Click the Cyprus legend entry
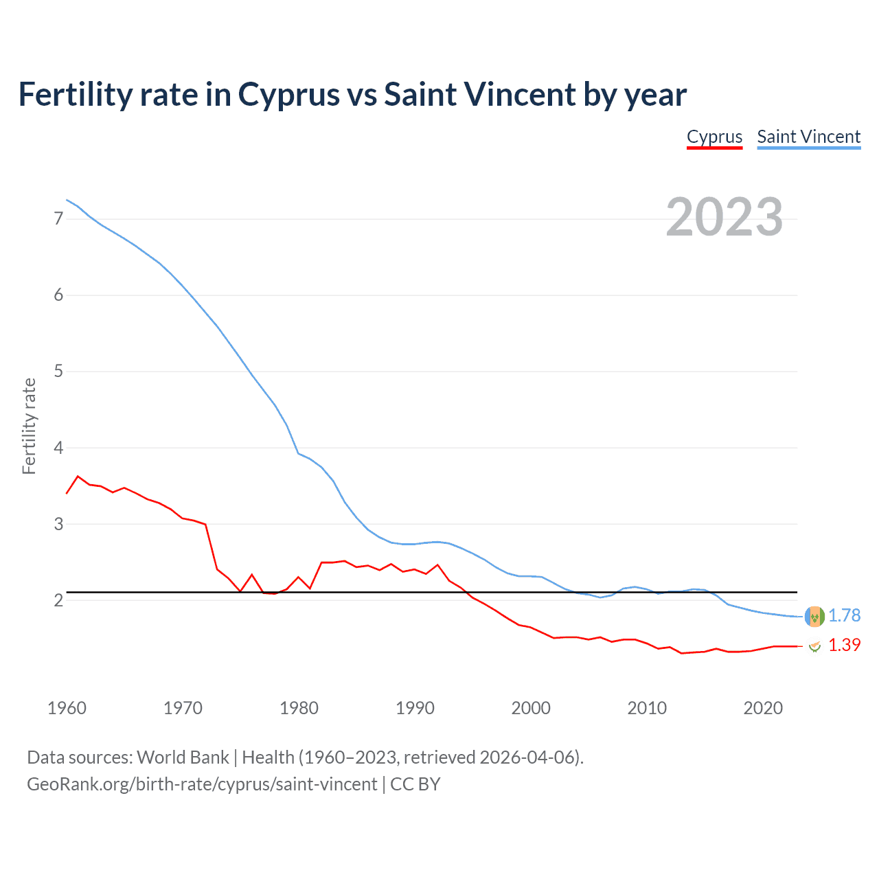tap(714, 137)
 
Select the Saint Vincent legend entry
tap(808, 137)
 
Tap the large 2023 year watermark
tap(724, 217)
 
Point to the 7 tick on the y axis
tap(58, 219)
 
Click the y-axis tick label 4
tap(58, 448)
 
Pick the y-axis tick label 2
tap(58, 600)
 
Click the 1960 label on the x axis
tap(67, 708)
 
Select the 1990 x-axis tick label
tap(415, 708)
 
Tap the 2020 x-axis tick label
tap(763, 708)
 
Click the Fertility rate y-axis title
tap(29, 426)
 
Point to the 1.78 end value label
tap(844, 616)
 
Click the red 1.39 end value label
tap(844, 646)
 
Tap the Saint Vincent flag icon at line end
tap(814, 617)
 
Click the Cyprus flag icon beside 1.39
tap(814, 646)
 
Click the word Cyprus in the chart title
tap(288, 95)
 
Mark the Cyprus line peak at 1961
tap(78, 476)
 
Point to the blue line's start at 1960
tap(67, 200)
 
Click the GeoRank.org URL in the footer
tap(202, 784)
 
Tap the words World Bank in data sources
tap(183, 757)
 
